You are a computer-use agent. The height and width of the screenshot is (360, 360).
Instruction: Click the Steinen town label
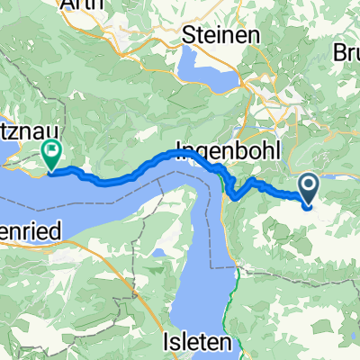pos(220,34)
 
